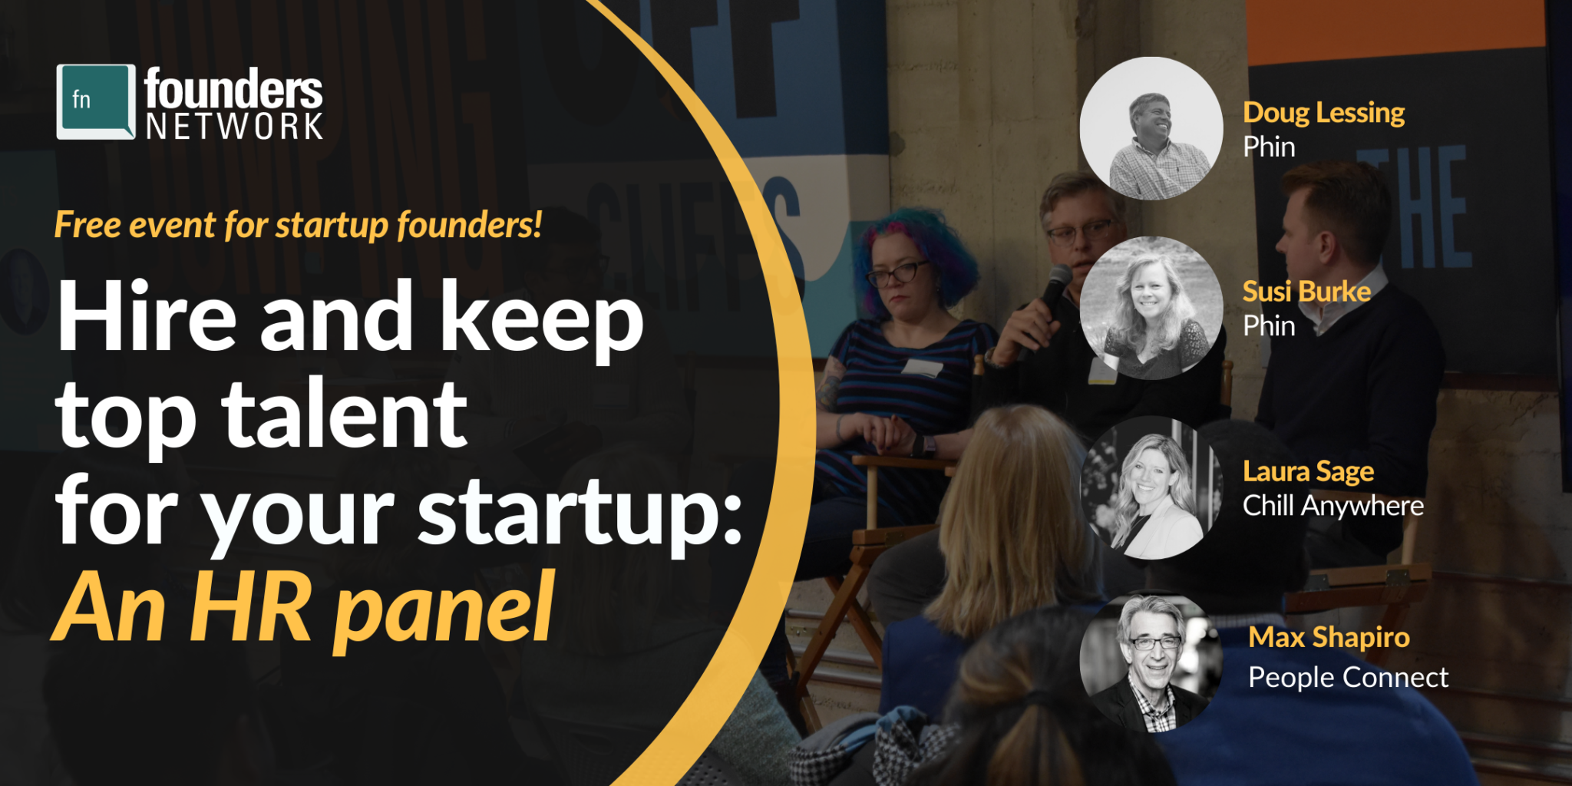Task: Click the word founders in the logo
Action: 233,89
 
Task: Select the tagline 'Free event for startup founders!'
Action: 299,225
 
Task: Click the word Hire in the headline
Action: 147,316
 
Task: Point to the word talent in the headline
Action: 345,414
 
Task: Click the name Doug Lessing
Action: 1324,113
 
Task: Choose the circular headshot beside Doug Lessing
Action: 1151,128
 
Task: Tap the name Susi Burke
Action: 1306,292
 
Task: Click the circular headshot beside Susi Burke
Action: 1151,308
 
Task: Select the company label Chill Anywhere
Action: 1333,506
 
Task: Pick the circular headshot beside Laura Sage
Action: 1151,487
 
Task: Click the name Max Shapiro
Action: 1329,638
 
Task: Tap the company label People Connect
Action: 1348,678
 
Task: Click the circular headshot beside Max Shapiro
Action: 1151,662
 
